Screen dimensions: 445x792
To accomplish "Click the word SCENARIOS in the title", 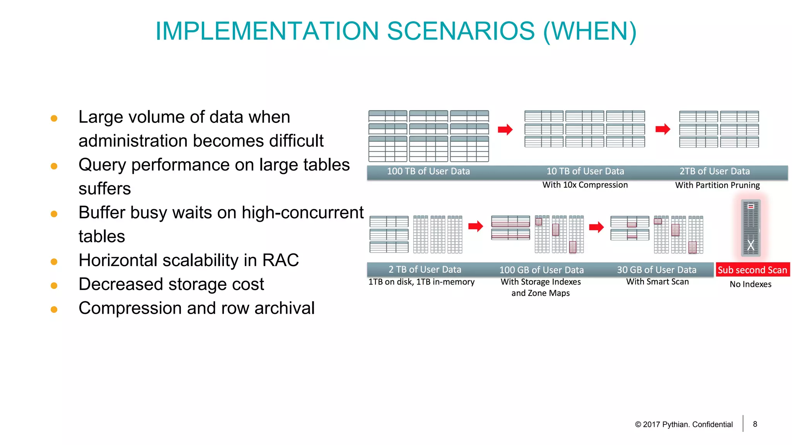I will [461, 31].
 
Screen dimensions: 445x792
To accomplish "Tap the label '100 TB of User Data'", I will [428, 171].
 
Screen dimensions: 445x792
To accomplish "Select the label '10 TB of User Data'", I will [585, 171].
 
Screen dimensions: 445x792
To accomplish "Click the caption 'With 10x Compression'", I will [585, 185].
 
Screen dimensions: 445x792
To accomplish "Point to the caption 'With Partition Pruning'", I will [717, 185].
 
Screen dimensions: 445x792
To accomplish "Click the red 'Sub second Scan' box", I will [752, 270].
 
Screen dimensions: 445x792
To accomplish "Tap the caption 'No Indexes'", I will [750, 284].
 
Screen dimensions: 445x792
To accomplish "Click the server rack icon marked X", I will [751, 228].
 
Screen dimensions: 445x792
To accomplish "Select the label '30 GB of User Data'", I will [656, 270].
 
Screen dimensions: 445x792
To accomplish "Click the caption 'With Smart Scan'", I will [657, 282].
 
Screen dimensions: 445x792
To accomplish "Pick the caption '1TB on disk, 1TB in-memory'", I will [421, 282].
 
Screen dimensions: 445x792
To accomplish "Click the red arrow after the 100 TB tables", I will [505, 129].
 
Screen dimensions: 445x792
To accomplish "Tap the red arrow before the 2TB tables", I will [663, 129].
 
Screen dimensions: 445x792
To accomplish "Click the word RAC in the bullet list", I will [280, 260].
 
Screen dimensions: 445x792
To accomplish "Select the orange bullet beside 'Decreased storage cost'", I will [54, 285].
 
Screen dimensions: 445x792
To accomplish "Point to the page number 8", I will [755, 424].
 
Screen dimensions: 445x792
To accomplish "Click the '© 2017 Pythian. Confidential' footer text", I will [683, 425].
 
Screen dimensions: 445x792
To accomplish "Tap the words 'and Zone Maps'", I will [540, 293].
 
